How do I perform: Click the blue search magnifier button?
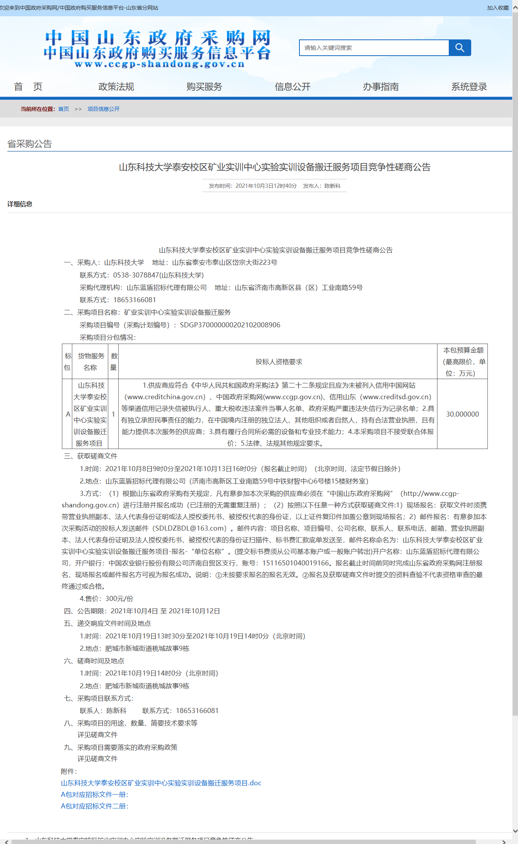tap(460, 48)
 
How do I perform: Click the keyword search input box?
tap(374, 48)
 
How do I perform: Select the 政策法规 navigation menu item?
tap(116, 87)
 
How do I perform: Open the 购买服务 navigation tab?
tap(204, 87)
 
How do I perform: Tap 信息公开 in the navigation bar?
tap(292, 87)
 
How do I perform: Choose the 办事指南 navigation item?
tap(381, 87)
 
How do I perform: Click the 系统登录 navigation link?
tap(469, 87)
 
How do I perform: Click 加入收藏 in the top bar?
tap(497, 8)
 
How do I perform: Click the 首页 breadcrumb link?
tap(63, 109)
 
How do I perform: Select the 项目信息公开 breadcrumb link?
tap(103, 109)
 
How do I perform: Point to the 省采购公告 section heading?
tap(30, 144)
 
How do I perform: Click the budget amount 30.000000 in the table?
tap(462, 414)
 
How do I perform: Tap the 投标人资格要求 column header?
tap(279, 362)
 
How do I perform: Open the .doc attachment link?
tap(161, 783)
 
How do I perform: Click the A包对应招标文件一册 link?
tap(94, 794)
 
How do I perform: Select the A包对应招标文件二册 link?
tap(94, 806)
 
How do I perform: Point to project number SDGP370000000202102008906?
tap(230, 325)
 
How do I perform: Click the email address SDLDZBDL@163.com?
tap(190, 528)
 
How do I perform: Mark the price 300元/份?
tap(119, 599)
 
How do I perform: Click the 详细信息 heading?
tap(20, 204)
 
